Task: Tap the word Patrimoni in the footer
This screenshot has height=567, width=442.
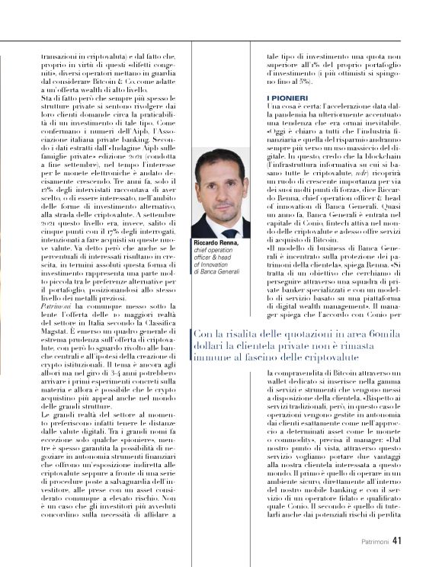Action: pos(377,543)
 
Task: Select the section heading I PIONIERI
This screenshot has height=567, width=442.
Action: pos(287,99)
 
